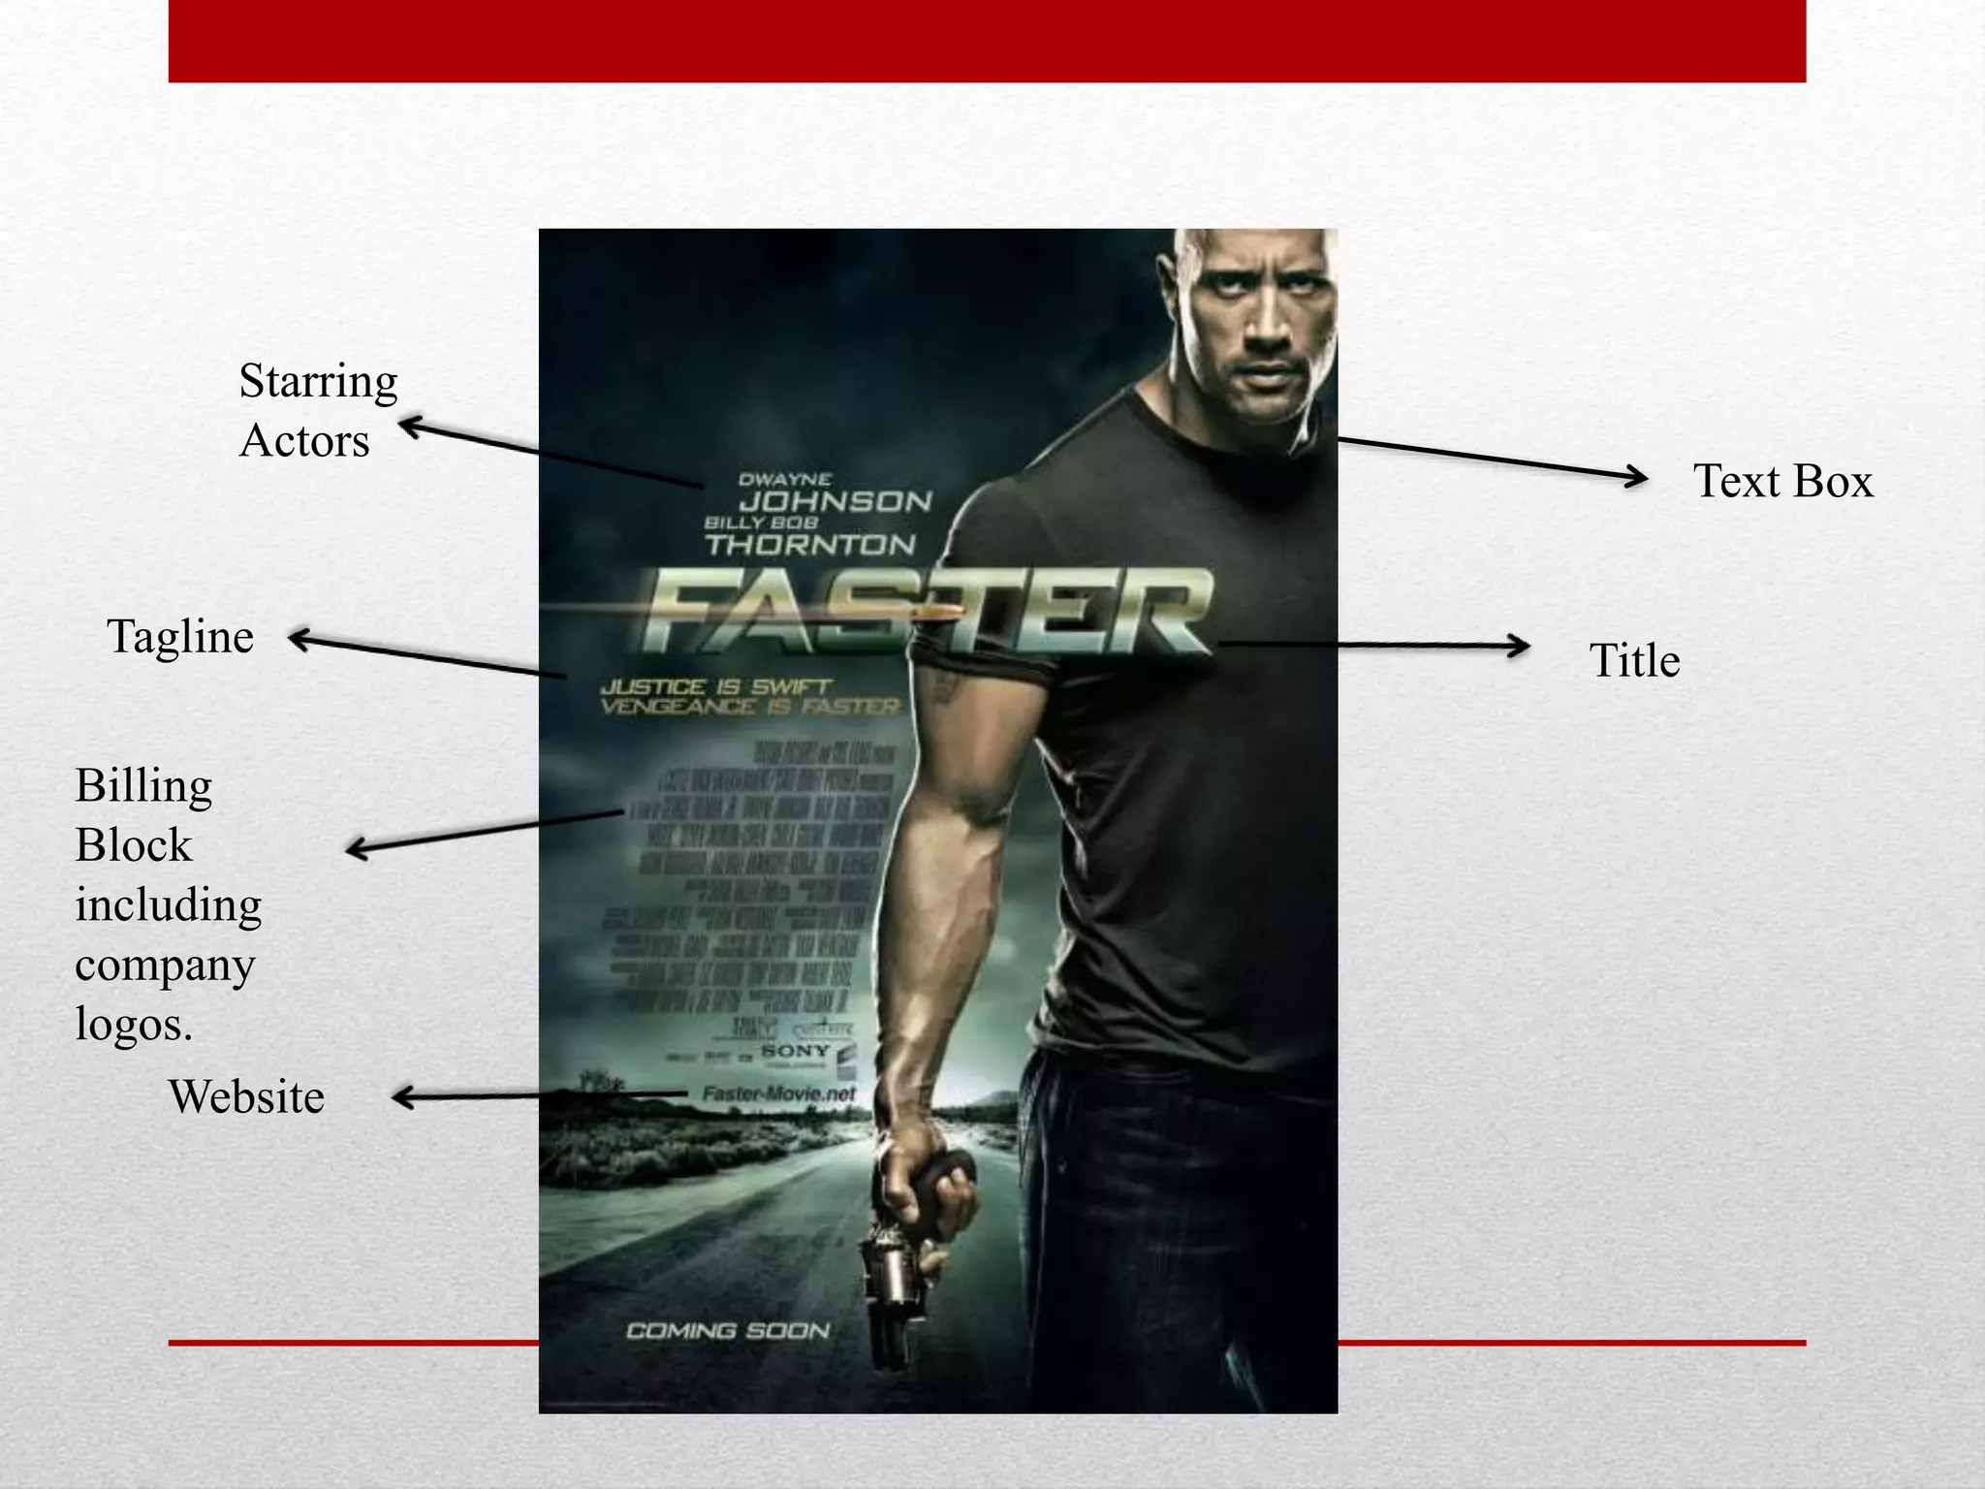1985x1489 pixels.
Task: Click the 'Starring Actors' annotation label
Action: point(317,410)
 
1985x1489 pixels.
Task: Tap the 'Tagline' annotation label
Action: point(180,637)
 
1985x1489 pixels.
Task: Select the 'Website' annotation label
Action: point(246,1097)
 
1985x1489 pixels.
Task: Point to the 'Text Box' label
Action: point(1782,481)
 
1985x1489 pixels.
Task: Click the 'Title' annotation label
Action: point(1634,661)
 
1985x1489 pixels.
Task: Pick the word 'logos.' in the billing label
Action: point(134,1024)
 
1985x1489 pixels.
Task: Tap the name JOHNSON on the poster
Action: point(835,501)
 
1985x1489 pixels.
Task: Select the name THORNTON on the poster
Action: point(810,545)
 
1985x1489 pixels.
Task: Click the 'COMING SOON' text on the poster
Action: point(728,1331)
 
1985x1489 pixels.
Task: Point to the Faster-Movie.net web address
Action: point(779,1094)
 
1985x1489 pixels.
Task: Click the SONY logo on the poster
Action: point(795,1051)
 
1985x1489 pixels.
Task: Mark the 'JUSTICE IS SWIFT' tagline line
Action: point(715,686)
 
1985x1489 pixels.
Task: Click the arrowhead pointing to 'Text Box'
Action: point(1637,477)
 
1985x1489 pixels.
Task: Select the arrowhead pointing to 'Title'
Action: point(1519,647)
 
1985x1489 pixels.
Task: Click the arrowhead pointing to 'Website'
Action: point(402,1097)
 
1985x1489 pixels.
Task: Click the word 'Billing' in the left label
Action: point(143,785)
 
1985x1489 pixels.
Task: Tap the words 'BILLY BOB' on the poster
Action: point(761,523)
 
